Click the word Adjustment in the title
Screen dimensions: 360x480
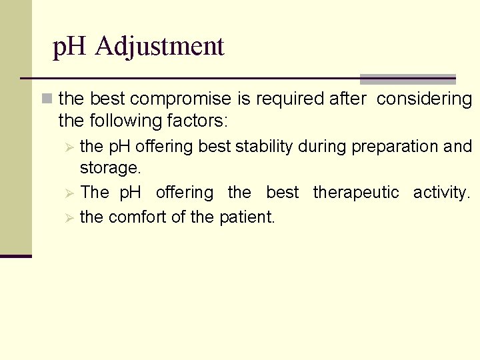click(159, 47)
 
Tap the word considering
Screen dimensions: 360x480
click(425, 99)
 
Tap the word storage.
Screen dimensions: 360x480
click(110, 168)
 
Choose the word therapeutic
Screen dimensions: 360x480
click(356, 193)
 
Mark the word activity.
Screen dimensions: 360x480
click(441, 193)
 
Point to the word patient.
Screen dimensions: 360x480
click(247, 217)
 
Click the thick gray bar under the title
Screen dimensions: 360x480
click(407, 79)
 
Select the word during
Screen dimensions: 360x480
click(319, 147)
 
